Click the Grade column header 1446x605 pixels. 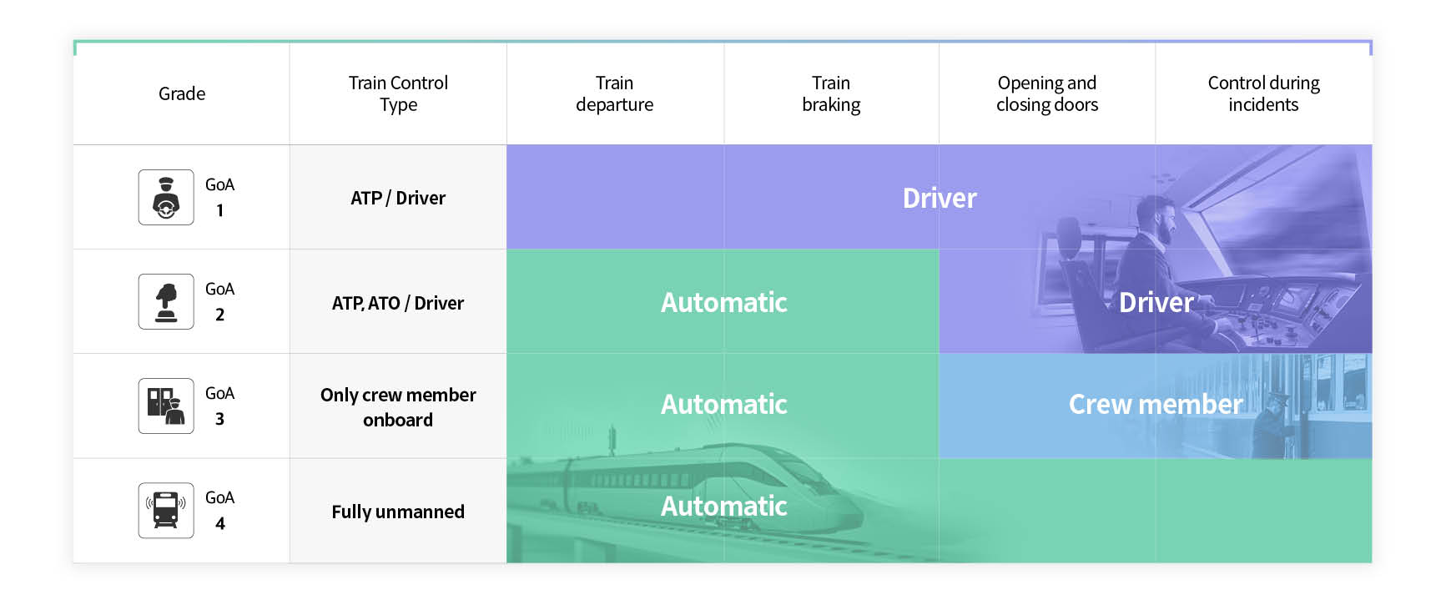[x=182, y=93]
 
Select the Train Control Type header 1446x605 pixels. [x=398, y=93]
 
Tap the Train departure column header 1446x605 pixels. [x=614, y=93]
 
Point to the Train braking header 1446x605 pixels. [x=831, y=93]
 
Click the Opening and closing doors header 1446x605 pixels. [x=1047, y=93]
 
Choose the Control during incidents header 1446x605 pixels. [x=1263, y=93]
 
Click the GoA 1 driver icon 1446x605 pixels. [x=166, y=198]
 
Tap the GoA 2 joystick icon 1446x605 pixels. [x=166, y=302]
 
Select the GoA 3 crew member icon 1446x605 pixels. [x=166, y=406]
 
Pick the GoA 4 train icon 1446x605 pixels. [x=166, y=511]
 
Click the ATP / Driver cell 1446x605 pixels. [x=398, y=198]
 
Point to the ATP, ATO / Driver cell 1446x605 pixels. [x=398, y=303]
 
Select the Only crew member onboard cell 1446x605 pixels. [x=398, y=406]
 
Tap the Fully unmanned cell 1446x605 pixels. [x=398, y=512]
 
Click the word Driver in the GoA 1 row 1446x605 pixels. [x=940, y=198]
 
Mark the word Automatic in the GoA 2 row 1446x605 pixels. [x=724, y=302]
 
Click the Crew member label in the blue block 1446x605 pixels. [x=1156, y=404]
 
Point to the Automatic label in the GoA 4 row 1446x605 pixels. [x=724, y=506]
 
